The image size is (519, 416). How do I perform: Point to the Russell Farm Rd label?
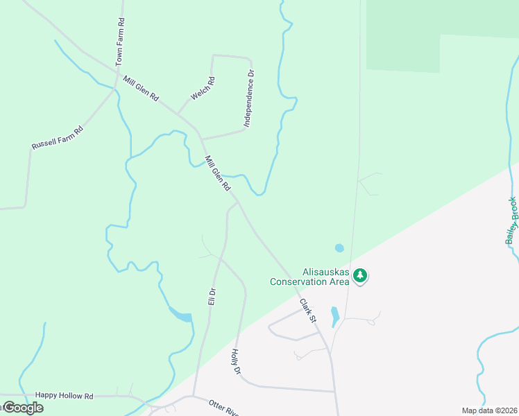pos(57,137)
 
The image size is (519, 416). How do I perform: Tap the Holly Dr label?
pos(235,362)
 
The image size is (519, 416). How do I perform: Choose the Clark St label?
pos(307,311)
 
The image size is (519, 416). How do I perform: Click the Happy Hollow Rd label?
pos(64,395)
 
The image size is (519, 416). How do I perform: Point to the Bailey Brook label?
pos(512,220)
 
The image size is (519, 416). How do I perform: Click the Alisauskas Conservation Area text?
pos(309,277)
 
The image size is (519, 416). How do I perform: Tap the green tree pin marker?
pos(359,276)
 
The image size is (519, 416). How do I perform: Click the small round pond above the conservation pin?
pos(339,248)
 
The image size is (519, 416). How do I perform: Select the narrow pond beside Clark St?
pos(335,316)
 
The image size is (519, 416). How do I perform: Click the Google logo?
pos(22,408)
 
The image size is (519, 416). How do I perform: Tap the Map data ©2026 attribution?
pos(489,410)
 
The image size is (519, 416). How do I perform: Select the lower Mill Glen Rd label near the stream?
pos(218,173)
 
